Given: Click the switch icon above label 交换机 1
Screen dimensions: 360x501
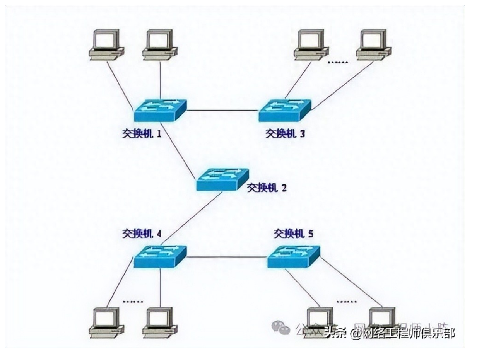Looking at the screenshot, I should coord(160,111).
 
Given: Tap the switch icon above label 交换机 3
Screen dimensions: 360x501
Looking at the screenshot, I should coord(285,111).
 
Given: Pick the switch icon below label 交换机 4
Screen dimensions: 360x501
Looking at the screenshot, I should coord(160,256).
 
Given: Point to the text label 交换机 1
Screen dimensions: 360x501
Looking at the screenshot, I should coord(142,134).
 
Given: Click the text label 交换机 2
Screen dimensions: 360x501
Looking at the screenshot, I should coord(267,188).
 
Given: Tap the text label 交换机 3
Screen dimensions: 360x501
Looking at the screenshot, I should coord(285,134).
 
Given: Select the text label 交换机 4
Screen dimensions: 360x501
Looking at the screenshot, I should coord(142,234).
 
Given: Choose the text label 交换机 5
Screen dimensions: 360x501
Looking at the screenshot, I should coord(294,234).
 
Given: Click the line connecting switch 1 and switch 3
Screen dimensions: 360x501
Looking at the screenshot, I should coord(222,111).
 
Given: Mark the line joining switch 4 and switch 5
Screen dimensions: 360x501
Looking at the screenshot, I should coord(227,257).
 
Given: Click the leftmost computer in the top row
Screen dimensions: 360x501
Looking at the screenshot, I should coord(106,45).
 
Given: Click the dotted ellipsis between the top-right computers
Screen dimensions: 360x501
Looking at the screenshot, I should coord(338,62).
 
